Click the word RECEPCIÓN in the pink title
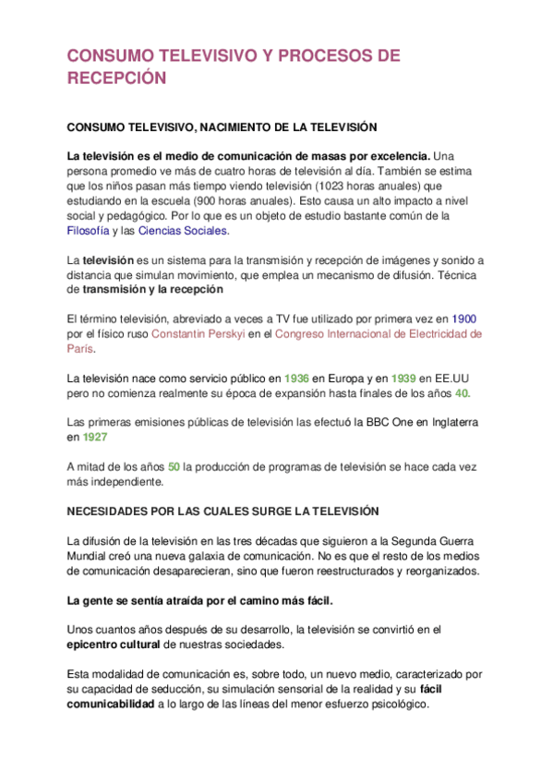point(116,78)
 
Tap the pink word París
point(81,349)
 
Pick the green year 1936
point(296,379)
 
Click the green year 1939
point(404,379)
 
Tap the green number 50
point(174,467)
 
